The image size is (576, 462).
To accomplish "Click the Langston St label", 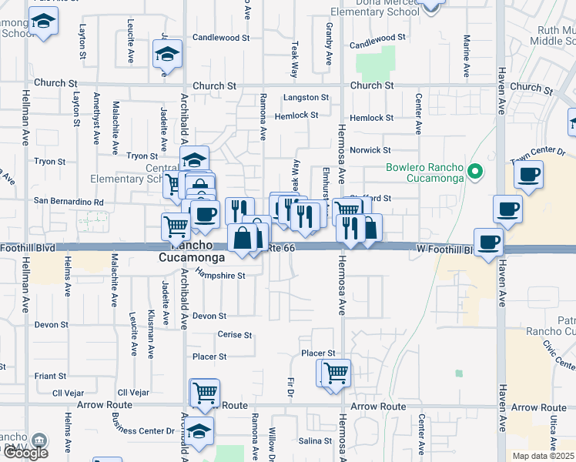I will click(306, 98).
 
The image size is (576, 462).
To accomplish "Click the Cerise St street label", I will click(235, 335).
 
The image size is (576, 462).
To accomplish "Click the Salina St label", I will click(314, 440).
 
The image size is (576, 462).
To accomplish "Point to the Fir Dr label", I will click(291, 387).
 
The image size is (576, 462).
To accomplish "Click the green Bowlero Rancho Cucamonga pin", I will click(476, 172).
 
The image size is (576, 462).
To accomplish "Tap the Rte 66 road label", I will click(283, 248).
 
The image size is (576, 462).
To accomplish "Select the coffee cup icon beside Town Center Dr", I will click(529, 175).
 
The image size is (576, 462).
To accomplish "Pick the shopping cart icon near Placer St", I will click(336, 373).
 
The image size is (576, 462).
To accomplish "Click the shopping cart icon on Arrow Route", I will click(205, 392).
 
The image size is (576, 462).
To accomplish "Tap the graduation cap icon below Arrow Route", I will click(199, 432).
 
